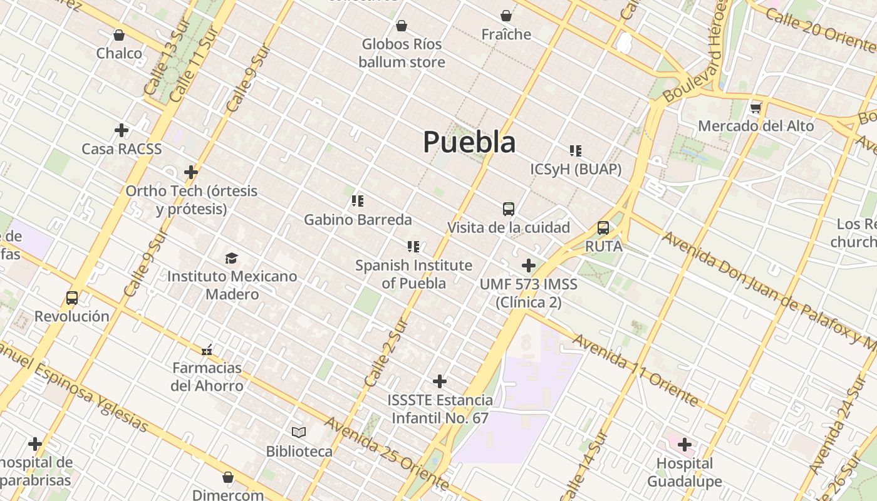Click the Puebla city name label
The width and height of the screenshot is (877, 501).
point(469,142)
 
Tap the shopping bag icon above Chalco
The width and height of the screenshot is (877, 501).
point(119,35)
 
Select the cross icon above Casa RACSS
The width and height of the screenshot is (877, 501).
point(122,130)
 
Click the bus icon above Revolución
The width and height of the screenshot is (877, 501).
point(72,298)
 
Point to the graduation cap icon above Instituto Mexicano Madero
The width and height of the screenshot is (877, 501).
point(232,258)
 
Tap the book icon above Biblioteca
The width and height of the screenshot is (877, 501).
point(299,432)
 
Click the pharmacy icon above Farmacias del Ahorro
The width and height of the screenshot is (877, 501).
point(207,349)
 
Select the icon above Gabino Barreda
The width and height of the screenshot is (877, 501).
point(358,201)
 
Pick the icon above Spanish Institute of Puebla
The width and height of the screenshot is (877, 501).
point(413,247)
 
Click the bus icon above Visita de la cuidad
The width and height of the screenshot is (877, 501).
point(508,209)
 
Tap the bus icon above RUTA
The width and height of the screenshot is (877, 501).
point(603,228)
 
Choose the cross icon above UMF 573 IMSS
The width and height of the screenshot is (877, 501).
point(529,266)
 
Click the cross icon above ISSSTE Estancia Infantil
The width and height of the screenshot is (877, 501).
point(440,381)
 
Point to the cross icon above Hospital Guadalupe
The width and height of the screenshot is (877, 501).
point(685,445)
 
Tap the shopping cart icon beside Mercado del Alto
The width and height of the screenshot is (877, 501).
point(756,108)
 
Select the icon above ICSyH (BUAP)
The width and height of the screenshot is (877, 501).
point(576,151)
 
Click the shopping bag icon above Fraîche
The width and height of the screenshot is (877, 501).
point(506,16)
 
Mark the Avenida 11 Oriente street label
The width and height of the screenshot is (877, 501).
point(635,369)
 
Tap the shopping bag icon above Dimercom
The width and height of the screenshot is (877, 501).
point(228,477)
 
